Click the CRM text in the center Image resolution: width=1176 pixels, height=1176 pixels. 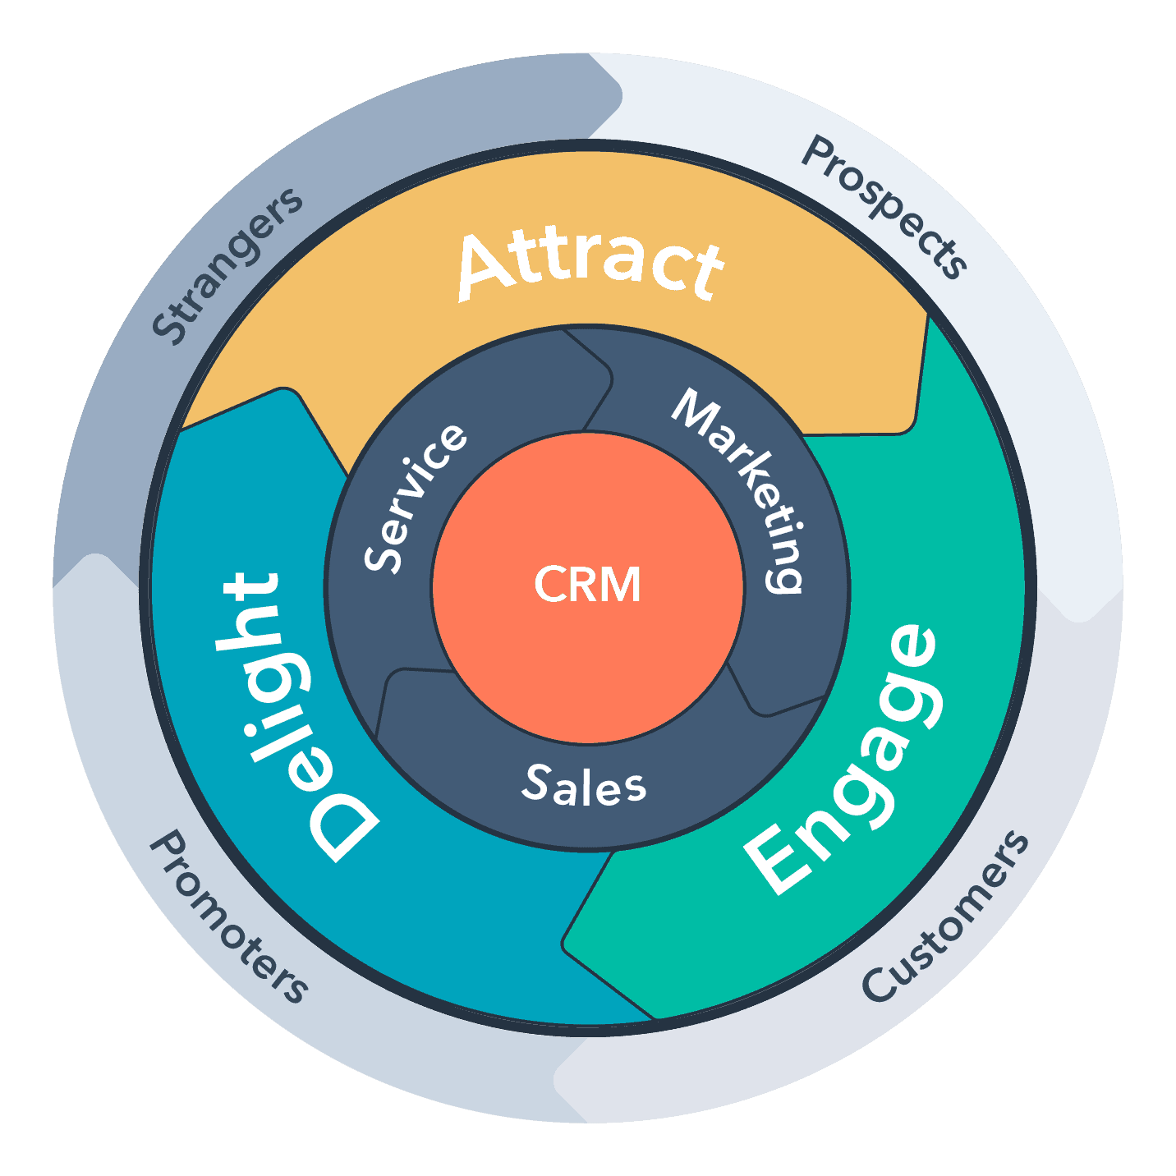[x=587, y=585]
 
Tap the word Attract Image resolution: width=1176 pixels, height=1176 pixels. [x=590, y=264]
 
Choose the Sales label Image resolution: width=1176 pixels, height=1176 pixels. [x=584, y=786]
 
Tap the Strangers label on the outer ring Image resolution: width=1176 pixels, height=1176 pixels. [x=226, y=265]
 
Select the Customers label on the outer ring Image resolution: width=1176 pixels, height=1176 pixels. [x=945, y=917]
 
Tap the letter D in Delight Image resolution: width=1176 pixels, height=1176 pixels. [x=343, y=825]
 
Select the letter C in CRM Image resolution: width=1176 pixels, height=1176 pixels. [x=548, y=585]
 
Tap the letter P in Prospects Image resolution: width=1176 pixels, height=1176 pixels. [x=819, y=154]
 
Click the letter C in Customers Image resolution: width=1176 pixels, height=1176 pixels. [x=877, y=985]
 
